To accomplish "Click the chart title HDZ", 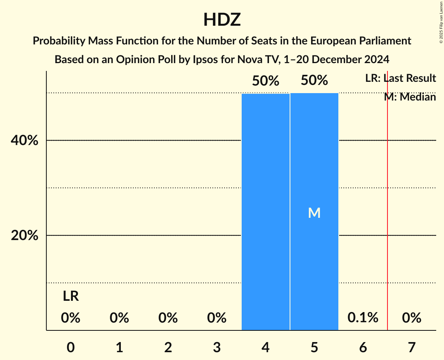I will (222, 19).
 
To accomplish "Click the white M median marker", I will (314, 213).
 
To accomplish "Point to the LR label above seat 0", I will (71, 296).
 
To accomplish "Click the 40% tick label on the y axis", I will (24, 141).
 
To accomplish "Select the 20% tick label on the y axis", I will (24, 236).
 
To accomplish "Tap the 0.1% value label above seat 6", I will (363, 318).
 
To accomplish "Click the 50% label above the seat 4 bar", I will (265, 81).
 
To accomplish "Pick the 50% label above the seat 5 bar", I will (314, 81).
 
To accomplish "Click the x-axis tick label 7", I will (412, 347).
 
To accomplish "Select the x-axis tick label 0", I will (71, 347).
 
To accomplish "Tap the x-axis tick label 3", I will (217, 347).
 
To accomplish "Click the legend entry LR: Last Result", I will (400, 78).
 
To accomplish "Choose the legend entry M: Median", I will (410, 97).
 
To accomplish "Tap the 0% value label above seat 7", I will (412, 318).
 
